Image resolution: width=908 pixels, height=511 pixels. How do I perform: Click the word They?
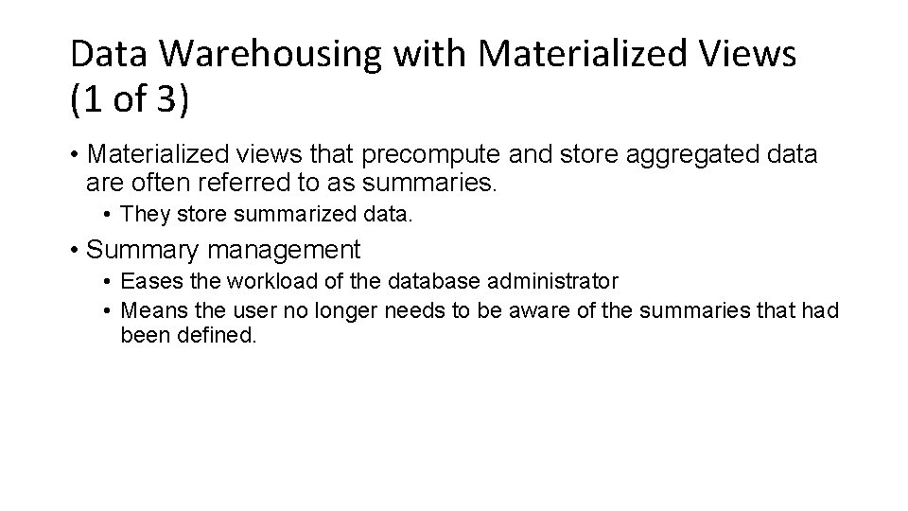143,215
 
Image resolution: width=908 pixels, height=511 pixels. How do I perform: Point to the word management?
281,250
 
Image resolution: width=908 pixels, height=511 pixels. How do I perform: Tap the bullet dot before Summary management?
73,251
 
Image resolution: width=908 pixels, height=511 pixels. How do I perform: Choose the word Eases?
148,281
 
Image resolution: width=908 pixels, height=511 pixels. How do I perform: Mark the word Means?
149,309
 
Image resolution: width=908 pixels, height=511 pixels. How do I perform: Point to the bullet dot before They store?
110,216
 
